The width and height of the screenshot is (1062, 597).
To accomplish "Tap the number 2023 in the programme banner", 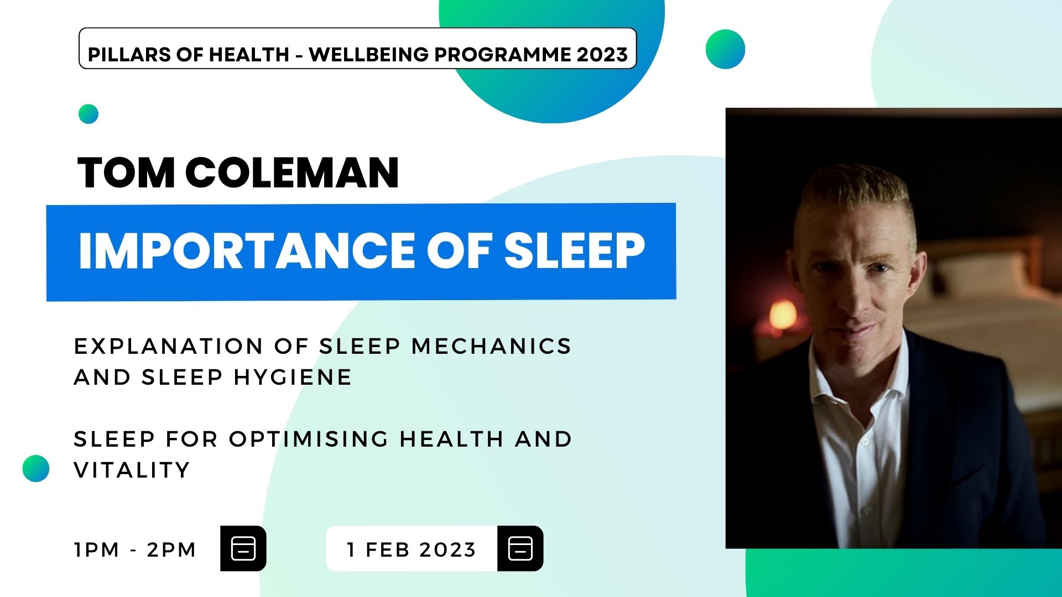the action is (602, 55).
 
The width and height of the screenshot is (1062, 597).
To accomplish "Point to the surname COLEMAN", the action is (292, 173).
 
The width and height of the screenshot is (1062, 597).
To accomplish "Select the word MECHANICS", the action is (491, 347).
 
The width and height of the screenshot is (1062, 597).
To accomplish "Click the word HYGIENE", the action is (293, 378).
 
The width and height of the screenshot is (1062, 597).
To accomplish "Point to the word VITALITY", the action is (132, 470).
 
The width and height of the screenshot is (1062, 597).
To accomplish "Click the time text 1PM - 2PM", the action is (135, 550).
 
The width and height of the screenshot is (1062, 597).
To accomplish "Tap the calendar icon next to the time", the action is (243, 548).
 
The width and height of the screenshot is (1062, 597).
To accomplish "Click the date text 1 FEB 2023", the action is (411, 550).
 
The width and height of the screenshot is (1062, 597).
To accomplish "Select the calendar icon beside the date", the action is (520, 548).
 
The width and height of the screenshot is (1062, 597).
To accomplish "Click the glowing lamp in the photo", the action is (783, 316).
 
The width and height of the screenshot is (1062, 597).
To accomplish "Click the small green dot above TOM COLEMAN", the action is (88, 114).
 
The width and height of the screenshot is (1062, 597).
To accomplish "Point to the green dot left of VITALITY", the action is (36, 468).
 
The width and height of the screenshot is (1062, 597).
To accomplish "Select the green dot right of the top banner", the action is (725, 49).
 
